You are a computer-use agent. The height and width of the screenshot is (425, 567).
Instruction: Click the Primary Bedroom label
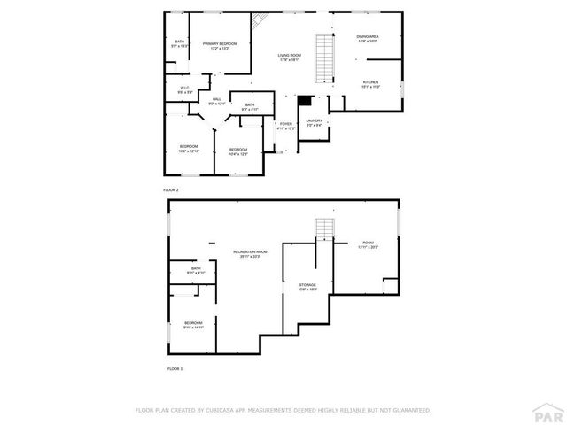coord(220,46)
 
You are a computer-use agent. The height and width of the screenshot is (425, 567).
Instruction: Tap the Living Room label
coord(290,58)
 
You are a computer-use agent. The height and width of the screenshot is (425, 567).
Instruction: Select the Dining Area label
coord(368,39)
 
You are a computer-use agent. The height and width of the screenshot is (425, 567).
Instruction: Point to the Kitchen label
coord(370,85)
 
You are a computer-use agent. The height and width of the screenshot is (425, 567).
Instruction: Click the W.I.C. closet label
coord(184,89)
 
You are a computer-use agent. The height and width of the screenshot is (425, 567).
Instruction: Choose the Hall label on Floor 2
coord(216,102)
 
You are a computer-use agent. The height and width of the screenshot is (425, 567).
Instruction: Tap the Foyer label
coord(284,127)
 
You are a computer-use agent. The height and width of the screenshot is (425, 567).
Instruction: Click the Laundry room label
coord(315,122)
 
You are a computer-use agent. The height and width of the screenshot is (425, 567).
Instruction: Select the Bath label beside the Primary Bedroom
coord(180,43)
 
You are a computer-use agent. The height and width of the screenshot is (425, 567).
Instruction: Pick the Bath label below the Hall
coord(250,107)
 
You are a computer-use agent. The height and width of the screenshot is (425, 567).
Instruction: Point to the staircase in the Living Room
coord(324,58)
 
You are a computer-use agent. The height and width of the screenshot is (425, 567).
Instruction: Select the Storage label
coord(307,287)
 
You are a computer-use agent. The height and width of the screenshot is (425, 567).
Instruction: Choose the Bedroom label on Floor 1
coord(193,325)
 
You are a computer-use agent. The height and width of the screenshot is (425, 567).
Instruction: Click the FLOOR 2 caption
coord(171,190)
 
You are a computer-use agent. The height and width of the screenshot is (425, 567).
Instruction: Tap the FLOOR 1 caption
coord(175,368)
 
